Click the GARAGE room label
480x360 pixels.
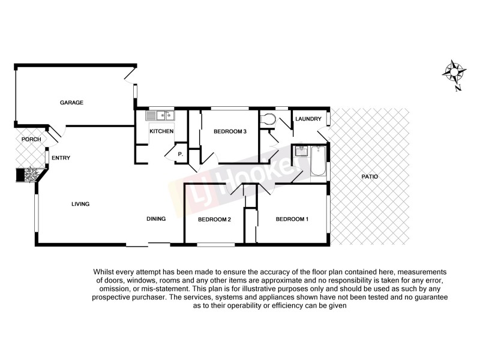(x=71, y=103)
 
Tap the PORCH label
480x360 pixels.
(x=31, y=140)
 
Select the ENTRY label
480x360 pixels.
(x=61, y=158)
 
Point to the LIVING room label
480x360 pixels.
(x=80, y=204)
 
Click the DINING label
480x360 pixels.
(x=156, y=219)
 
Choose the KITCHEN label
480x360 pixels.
(x=161, y=131)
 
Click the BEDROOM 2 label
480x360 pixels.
(x=215, y=220)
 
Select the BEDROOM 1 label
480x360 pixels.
(x=292, y=219)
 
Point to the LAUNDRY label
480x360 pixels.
(x=309, y=119)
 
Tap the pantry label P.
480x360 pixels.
(x=179, y=154)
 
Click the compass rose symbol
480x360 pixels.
(x=454, y=73)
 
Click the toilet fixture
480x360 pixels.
(x=268, y=120)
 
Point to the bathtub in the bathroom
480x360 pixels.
(x=317, y=161)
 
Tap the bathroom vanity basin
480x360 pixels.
(x=299, y=151)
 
